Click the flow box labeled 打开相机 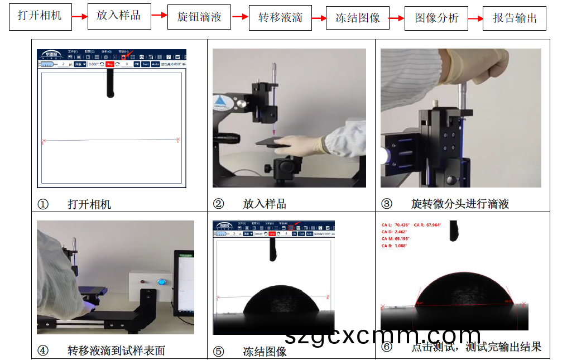tap(40, 16)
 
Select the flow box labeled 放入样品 tap(119, 16)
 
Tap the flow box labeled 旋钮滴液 tap(199, 17)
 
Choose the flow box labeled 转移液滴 tap(280, 18)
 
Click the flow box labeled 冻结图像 tap(358, 18)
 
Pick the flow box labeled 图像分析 tap(436, 18)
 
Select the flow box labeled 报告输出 tap(515, 18)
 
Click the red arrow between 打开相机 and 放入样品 tap(80, 17)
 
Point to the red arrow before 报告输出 tap(475, 18)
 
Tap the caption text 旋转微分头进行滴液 tap(460, 204)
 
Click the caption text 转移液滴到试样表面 tap(116, 351)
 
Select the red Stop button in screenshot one tap(109, 64)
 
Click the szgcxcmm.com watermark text tap(382, 335)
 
